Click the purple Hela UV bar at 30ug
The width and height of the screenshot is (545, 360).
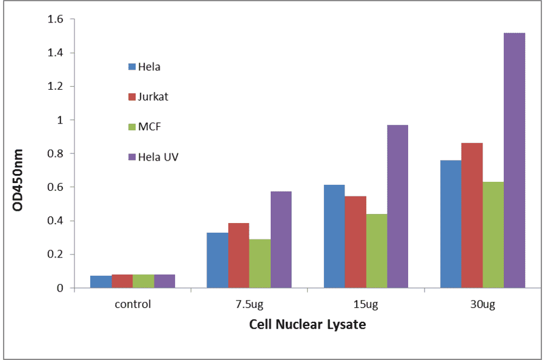[514, 161]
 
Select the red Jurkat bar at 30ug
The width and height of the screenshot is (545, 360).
[472, 215]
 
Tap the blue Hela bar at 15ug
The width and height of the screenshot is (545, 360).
[334, 236]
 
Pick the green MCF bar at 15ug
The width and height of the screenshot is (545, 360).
[377, 251]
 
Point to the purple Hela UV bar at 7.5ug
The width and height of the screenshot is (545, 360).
[281, 239]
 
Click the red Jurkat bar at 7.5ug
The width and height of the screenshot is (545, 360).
[239, 255]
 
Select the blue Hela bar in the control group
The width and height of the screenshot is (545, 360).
[101, 282]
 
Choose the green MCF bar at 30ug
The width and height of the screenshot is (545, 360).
[493, 235]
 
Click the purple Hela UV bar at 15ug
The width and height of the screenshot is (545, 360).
[398, 206]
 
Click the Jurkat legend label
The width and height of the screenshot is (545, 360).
[153, 97]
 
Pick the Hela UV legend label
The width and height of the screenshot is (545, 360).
[158, 158]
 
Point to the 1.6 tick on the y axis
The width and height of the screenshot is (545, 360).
[56, 19]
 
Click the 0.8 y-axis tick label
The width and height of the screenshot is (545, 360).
[56, 154]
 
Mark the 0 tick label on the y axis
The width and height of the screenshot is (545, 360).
[60, 288]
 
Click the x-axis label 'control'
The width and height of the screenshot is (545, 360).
[133, 304]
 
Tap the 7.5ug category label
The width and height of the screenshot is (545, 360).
[249, 304]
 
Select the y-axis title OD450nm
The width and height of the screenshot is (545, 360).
[18, 180]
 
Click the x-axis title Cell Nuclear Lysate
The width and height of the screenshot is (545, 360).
[308, 325]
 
